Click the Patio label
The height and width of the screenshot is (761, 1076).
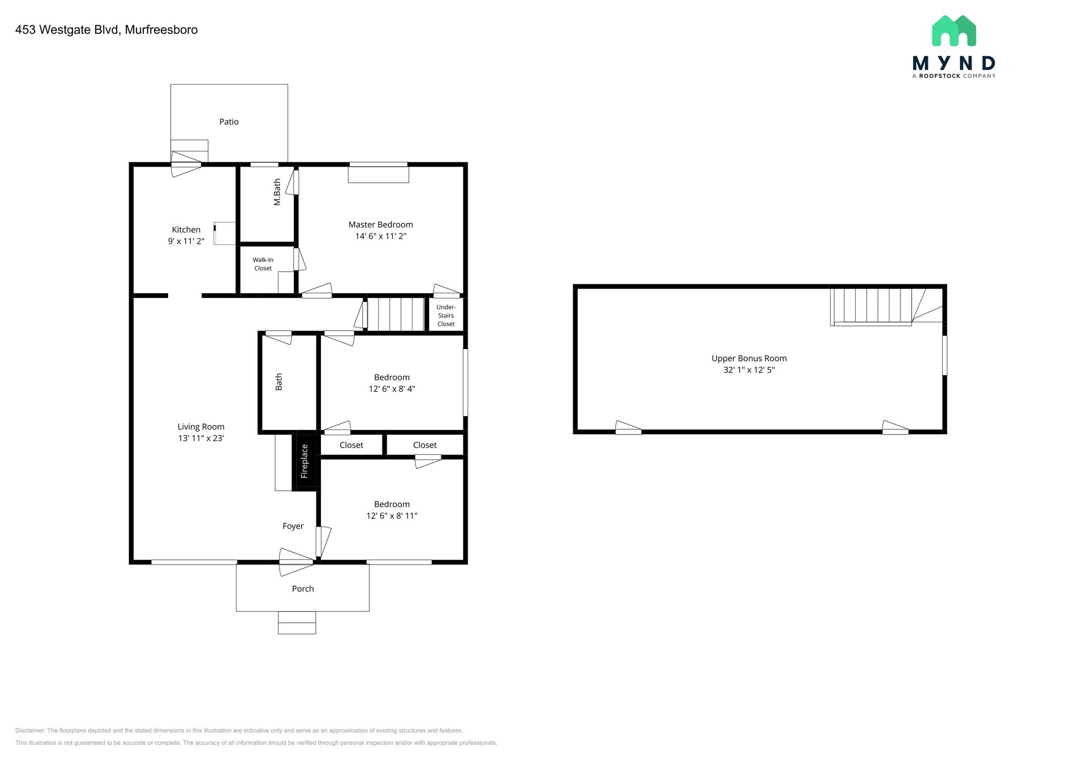click(x=229, y=122)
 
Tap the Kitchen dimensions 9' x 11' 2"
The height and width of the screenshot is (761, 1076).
click(x=186, y=241)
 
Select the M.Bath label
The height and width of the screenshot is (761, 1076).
click(x=277, y=192)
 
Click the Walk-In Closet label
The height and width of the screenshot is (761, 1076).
click(x=263, y=264)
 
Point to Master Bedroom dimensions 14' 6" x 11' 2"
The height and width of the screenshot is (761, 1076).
click(x=380, y=236)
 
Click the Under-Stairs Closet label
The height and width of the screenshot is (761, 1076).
click(x=446, y=315)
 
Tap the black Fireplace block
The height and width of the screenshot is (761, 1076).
click(x=305, y=461)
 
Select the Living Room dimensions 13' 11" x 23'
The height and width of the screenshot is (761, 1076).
click(x=201, y=438)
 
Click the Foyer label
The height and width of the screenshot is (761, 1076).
click(x=293, y=526)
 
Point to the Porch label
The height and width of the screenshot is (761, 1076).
click(x=303, y=589)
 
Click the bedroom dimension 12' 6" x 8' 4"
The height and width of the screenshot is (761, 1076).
click(x=391, y=389)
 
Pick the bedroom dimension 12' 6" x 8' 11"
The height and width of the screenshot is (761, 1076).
click(x=391, y=516)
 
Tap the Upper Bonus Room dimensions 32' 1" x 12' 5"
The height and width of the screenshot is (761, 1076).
click(x=749, y=370)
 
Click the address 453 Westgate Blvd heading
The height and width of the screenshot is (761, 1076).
click(x=106, y=30)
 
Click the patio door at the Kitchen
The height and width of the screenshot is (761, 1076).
click(x=186, y=164)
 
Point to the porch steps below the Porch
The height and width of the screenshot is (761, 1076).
click(x=297, y=623)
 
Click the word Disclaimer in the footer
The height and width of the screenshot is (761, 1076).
click(x=30, y=731)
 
